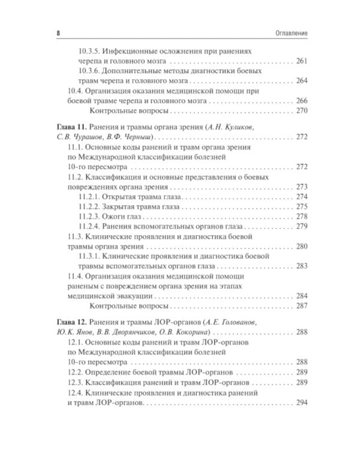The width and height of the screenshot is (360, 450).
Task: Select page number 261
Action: point(302,62)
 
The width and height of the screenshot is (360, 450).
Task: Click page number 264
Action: point(302,81)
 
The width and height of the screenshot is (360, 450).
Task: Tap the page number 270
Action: point(302,110)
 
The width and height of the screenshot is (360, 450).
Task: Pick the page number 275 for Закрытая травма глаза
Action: point(302,206)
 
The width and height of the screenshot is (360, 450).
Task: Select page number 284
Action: point(302,296)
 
